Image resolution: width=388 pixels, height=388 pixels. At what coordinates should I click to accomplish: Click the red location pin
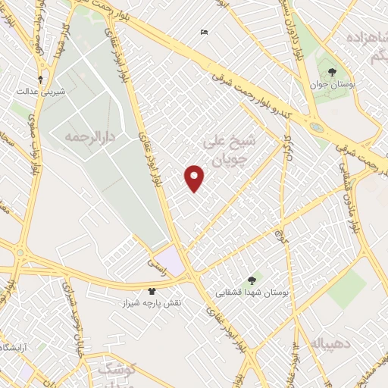point(196,177)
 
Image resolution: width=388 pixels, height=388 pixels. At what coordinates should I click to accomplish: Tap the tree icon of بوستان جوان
point(333,71)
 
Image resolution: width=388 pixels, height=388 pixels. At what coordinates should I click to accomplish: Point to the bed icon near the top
point(203,32)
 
